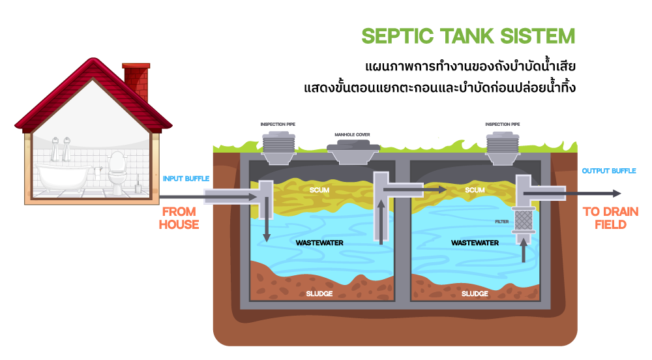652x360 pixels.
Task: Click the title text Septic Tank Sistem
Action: (468, 37)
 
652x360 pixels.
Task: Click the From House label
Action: (179, 218)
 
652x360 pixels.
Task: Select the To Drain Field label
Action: (610, 218)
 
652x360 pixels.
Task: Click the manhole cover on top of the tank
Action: (352, 152)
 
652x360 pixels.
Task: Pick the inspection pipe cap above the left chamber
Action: (278, 145)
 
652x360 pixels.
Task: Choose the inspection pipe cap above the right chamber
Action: (503, 145)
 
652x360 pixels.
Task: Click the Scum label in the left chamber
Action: (319, 190)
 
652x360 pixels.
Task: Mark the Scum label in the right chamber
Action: (475, 190)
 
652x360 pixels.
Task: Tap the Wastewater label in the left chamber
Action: (319, 243)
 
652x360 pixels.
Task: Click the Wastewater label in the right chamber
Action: (475, 243)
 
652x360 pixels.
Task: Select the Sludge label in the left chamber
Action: (319, 293)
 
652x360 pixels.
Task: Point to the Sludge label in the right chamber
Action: (475, 293)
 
